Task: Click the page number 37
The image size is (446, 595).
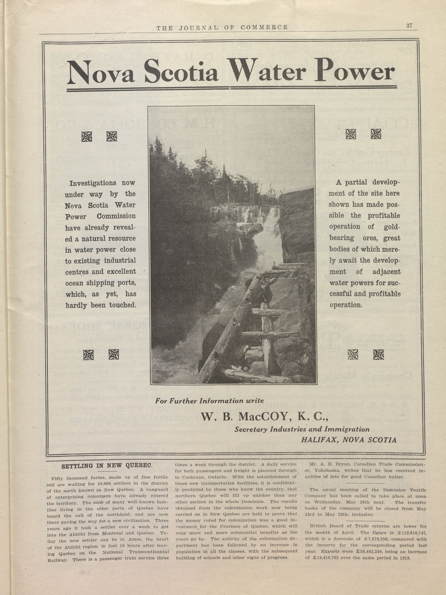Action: tap(409, 26)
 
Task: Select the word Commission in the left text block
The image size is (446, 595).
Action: tap(116, 216)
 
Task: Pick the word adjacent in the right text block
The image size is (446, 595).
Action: tap(386, 272)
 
